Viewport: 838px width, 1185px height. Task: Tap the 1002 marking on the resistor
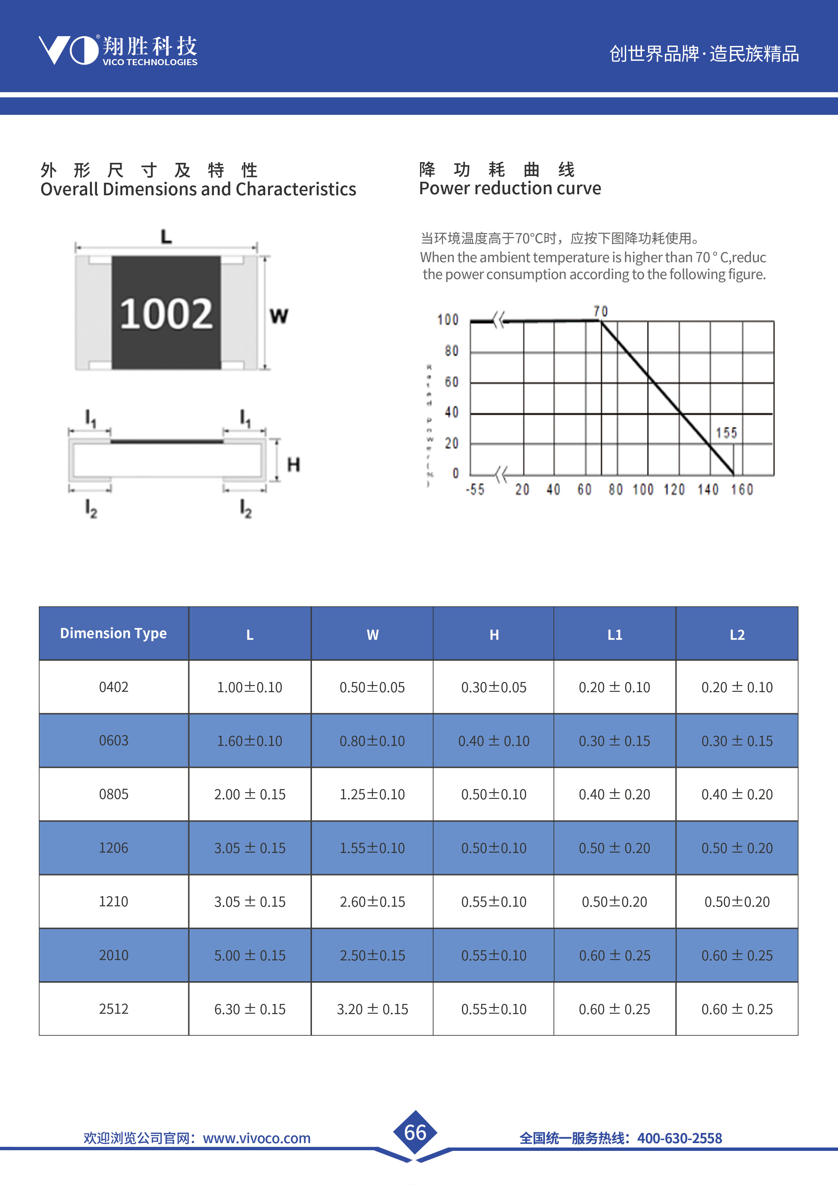166,314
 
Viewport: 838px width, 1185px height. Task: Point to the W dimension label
279,316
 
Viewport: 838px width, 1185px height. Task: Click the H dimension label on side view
293,464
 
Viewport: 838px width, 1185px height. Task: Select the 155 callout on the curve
726,433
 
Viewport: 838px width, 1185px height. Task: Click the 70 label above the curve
600,311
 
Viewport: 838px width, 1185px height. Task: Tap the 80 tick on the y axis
451,351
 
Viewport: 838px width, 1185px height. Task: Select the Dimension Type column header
114,633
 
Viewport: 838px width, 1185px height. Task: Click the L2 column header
737,635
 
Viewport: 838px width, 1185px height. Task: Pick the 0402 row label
114,687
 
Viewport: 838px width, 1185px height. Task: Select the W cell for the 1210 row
372,902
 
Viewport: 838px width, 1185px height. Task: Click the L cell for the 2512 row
250,1009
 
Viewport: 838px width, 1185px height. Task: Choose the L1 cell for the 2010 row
614,955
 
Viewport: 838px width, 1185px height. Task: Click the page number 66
415,1132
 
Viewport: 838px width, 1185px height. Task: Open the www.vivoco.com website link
256,1138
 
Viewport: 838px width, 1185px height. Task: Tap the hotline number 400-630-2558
680,1138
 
